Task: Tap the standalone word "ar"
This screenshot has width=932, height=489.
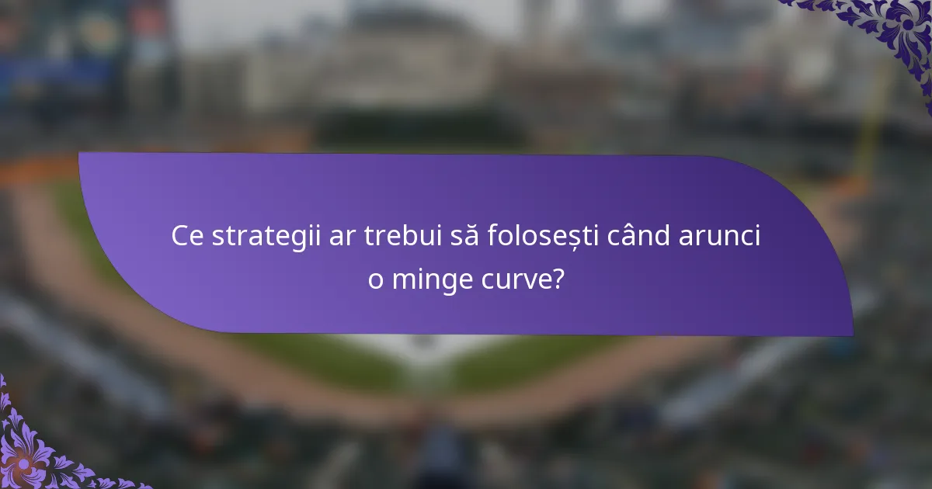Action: pos(340,237)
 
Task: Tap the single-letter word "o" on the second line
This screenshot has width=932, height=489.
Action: pos(376,279)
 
